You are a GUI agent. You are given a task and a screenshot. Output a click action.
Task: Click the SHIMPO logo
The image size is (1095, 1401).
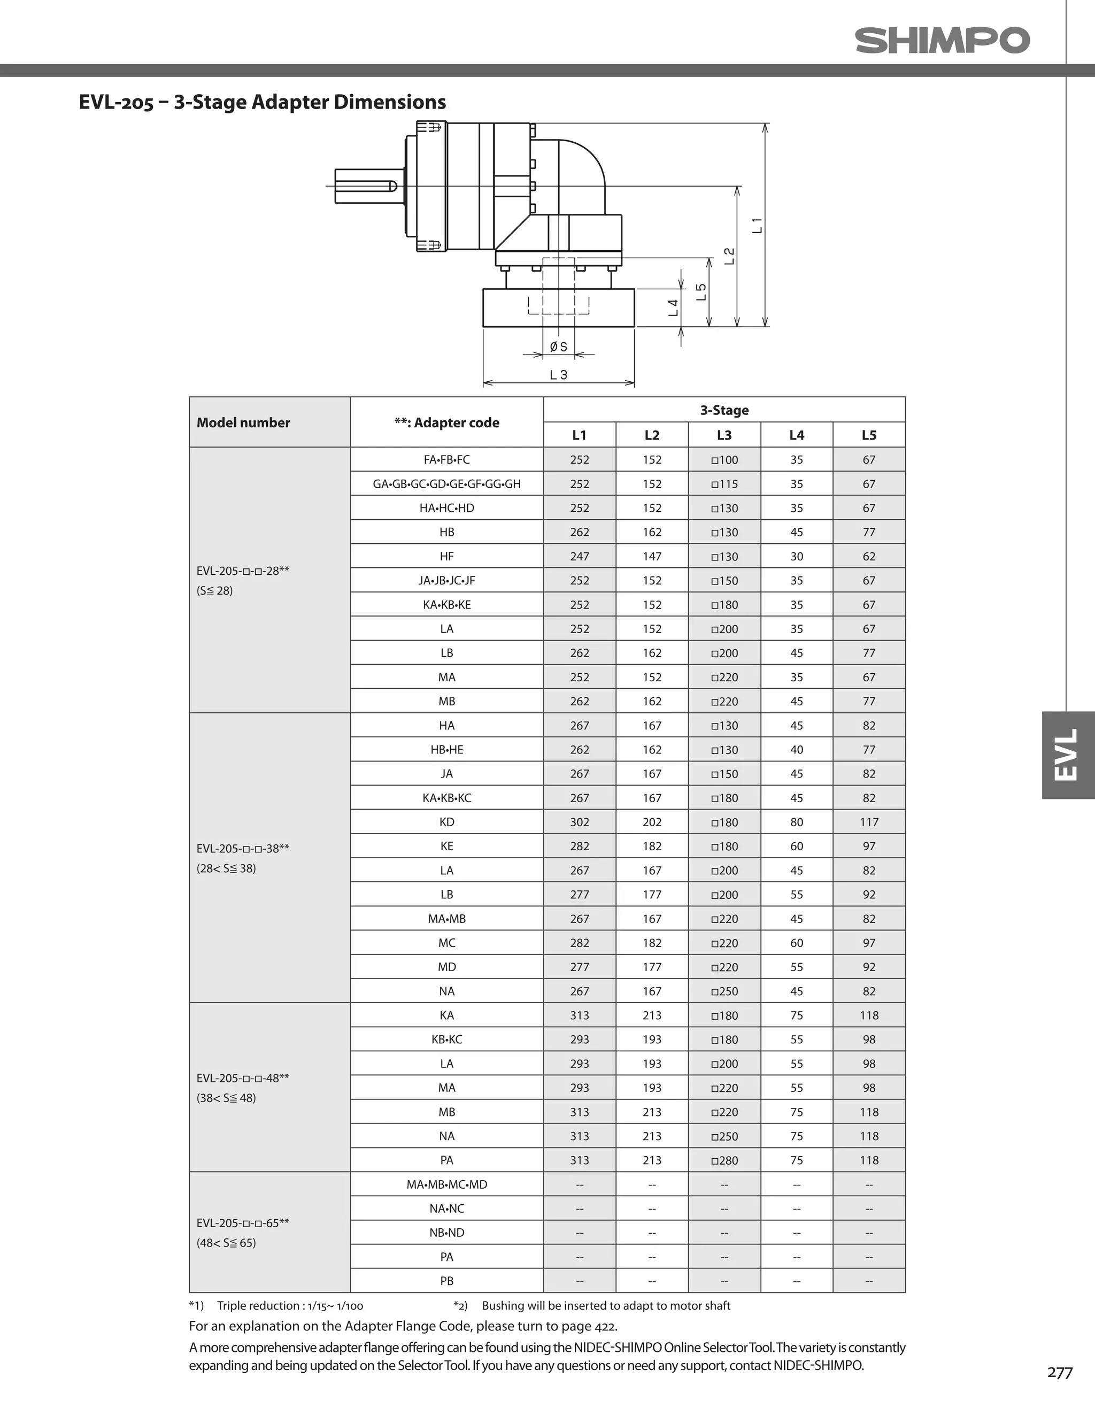(942, 41)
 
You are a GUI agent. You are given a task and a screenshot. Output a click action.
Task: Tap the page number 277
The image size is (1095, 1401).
(1059, 1373)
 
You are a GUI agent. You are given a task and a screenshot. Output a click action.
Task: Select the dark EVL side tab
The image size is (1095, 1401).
(1067, 755)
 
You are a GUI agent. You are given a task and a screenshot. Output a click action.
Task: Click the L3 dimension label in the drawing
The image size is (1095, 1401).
(558, 375)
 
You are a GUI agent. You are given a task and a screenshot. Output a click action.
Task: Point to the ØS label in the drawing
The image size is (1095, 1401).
(558, 347)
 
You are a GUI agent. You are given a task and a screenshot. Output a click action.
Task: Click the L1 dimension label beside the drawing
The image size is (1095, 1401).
(758, 225)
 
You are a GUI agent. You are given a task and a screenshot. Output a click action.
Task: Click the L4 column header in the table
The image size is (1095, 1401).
(796, 435)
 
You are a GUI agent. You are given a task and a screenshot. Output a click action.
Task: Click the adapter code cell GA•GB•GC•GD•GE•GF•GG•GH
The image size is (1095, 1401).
(446, 484)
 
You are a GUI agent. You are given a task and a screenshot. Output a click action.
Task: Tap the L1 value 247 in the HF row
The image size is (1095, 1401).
(579, 556)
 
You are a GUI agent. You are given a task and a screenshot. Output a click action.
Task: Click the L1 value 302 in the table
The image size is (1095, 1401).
(579, 822)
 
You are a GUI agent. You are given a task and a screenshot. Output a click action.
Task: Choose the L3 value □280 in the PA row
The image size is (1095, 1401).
(724, 1160)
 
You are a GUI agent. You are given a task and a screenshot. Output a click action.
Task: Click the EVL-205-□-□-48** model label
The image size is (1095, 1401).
(243, 1077)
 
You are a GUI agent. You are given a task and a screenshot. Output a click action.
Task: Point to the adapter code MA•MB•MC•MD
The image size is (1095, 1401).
(446, 1184)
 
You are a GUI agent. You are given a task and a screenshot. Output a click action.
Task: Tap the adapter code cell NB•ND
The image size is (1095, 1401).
(446, 1232)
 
